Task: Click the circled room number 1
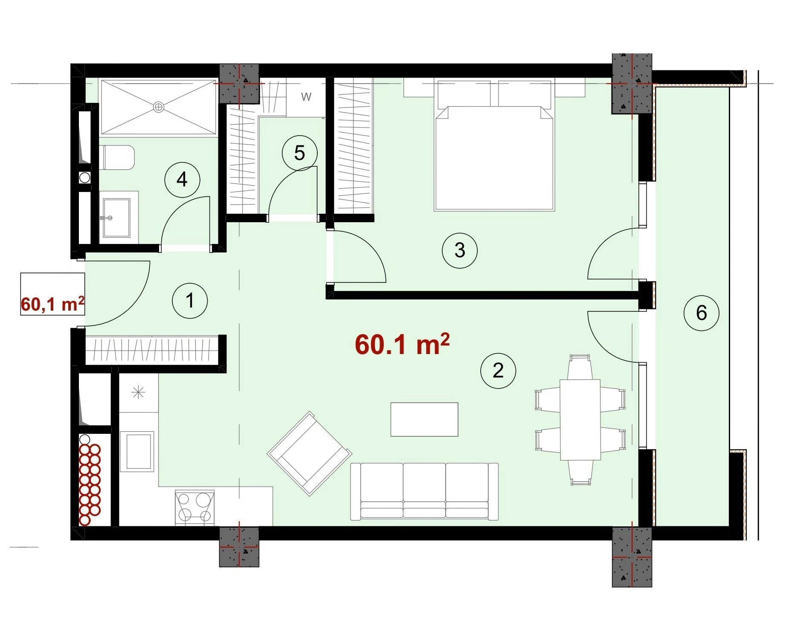click(x=190, y=301)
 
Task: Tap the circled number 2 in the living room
click(x=498, y=371)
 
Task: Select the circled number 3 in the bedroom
click(x=460, y=250)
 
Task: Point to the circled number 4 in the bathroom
click(x=182, y=180)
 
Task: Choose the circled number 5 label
click(x=300, y=153)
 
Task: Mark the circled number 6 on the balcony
click(x=702, y=313)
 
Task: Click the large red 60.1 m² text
click(x=402, y=344)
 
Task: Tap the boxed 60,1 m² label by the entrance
click(x=52, y=304)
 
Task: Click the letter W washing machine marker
click(x=306, y=97)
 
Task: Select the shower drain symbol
click(x=158, y=107)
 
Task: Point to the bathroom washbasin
click(x=116, y=218)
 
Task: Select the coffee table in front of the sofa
click(x=424, y=419)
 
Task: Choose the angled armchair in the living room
click(x=310, y=453)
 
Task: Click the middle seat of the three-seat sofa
click(x=424, y=491)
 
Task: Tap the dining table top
click(x=580, y=420)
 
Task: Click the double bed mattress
click(x=494, y=158)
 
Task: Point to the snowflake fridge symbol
click(x=139, y=392)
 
